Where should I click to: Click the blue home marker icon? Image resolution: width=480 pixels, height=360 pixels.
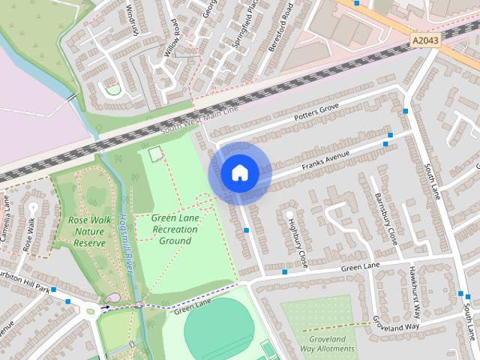pos(239,173)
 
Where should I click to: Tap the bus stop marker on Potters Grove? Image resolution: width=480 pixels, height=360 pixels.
pos(406,111)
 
